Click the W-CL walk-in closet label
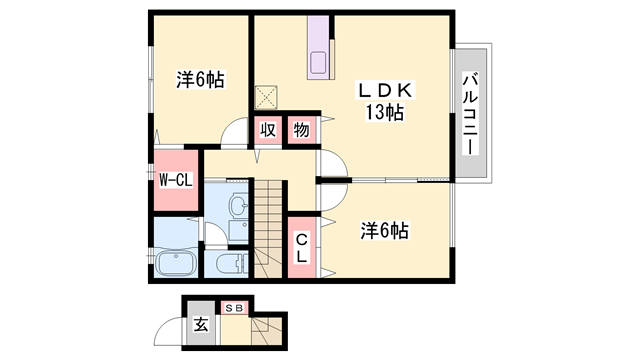tap(176, 180)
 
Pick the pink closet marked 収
tap(267, 131)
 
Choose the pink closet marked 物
tap(301, 131)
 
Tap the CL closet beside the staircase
tap(301, 247)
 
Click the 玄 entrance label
tap(200, 323)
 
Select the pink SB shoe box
tap(234, 308)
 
